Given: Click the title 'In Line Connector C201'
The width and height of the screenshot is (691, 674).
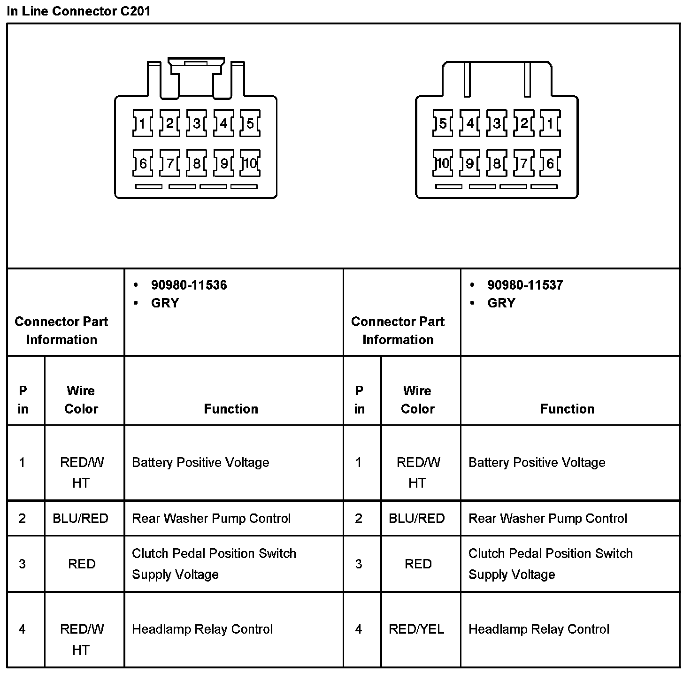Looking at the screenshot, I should click(78, 11).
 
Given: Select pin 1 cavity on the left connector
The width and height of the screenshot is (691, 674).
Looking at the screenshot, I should click(142, 123).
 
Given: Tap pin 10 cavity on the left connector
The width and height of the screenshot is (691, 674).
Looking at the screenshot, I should click(250, 163).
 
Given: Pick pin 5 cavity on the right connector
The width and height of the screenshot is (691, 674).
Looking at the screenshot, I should click(443, 123).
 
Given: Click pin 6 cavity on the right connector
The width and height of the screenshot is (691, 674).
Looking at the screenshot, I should click(550, 163).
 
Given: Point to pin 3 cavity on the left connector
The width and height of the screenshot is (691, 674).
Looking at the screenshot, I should click(196, 123).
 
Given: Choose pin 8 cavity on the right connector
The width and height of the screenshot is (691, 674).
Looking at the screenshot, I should click(497, 163).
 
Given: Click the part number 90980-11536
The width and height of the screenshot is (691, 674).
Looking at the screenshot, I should click(189, 285).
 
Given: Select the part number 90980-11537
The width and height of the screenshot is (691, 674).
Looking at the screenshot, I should click(525, 285).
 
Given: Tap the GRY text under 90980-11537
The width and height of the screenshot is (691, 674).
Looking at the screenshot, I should click(501, 303).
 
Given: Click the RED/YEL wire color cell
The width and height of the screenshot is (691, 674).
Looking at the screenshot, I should click(416, 629).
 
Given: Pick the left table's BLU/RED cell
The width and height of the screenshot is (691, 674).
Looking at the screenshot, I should click(80, 519).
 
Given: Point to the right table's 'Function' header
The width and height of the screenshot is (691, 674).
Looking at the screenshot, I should click(567, 409).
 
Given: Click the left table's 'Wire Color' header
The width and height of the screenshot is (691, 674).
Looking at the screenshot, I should click(81, 399).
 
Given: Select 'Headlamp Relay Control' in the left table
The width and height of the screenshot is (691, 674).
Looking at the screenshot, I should click(202, 629).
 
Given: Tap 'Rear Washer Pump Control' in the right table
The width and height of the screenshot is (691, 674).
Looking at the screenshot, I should click(548, 519).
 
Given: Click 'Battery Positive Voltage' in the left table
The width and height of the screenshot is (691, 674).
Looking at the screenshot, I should click(200, 463).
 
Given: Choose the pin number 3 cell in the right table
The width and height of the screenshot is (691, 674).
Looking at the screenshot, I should click(359, 564).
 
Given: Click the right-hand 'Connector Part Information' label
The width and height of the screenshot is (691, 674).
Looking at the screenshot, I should click(398, 330).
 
